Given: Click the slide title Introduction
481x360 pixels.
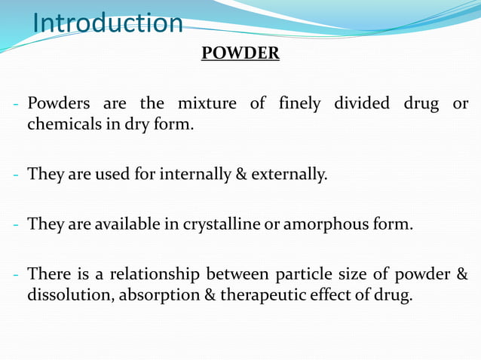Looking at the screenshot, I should pyautogui.click(x=108, y=23).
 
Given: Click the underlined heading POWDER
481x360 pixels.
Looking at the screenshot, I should pyautogui.click(x=240, y=54).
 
